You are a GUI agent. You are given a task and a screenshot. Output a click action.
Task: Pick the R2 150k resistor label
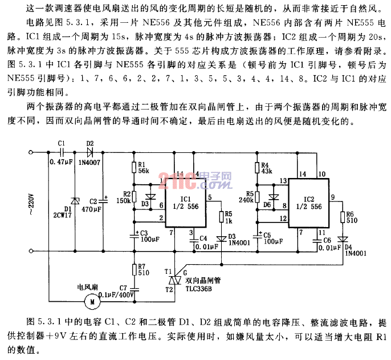coord(123,197)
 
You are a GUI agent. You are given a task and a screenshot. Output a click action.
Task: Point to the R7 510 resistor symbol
coord(135,269)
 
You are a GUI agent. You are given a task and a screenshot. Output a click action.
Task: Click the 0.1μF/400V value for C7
coord(117,295)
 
